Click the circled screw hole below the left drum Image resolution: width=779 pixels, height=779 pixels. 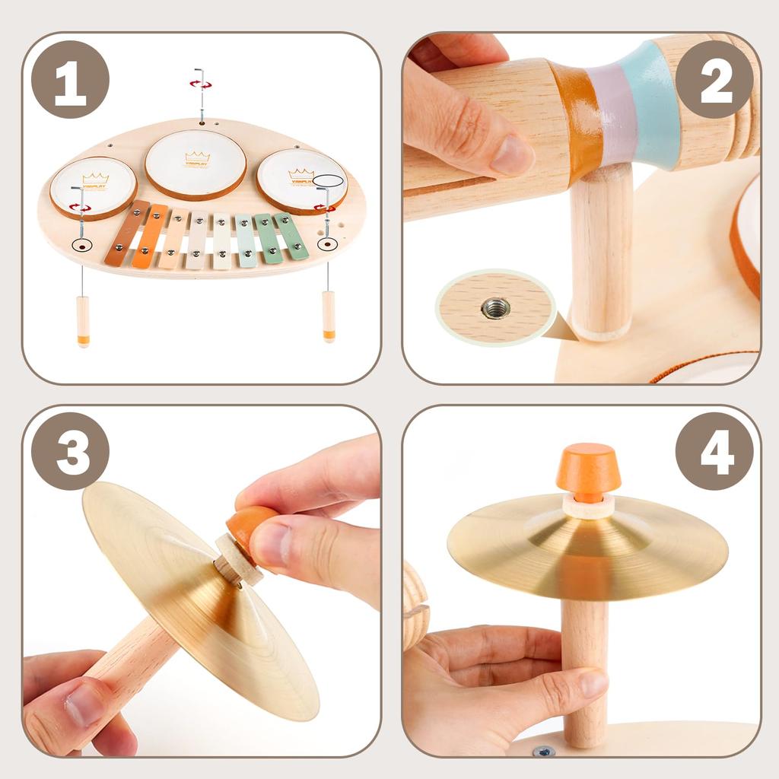(x=81, y=246)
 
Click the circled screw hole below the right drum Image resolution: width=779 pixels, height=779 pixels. (x=327, y=244)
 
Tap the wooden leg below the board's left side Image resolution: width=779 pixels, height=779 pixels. (x=83, y=320)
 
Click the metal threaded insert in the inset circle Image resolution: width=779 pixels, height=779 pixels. (x=496, y=308)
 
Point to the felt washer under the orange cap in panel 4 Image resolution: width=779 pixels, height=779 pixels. (x=588, y=507)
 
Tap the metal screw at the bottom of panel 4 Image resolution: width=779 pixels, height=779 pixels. (x=543, y=751)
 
